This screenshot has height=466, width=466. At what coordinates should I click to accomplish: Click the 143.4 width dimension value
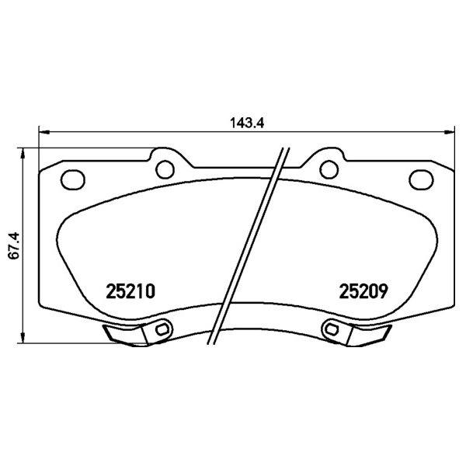[x=247, y=123]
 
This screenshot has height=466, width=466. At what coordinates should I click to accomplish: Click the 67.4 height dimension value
[x=14, y=245]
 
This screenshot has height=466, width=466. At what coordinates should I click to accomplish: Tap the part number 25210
[x=130, y=291]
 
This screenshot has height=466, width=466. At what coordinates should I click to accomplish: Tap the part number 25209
[x=363, y=291]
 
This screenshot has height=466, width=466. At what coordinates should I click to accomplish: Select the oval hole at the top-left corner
[x=73, y=179]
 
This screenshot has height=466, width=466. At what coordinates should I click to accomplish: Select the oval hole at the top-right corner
[x=421, y=179]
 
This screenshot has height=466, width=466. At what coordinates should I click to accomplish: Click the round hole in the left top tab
[x=165, y=169]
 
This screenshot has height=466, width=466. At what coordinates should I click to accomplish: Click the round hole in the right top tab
[x=329, y=169]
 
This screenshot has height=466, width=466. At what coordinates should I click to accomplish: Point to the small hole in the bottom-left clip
[x=162, y=329]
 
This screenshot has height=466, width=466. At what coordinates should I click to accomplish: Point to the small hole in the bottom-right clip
[x=332, y=329]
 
